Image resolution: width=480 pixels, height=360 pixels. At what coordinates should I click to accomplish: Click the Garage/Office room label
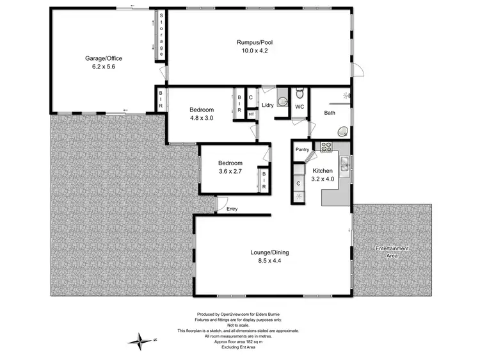(104, 58)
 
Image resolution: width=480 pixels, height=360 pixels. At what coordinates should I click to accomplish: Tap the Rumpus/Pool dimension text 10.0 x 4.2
(255, 51)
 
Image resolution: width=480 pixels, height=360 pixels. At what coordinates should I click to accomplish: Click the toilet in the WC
(299, 95)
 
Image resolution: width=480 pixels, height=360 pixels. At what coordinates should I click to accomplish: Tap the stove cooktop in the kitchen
(326, 147)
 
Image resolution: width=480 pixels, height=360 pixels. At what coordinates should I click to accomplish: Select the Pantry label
(303, 150)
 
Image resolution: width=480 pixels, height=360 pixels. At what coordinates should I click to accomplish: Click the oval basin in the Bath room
(343, 131)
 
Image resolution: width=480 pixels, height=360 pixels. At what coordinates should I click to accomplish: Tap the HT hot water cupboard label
(251, 115)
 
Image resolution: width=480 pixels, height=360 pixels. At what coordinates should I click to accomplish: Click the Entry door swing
(223, 204)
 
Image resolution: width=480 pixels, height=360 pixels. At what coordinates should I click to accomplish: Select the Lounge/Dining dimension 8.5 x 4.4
(271, 261)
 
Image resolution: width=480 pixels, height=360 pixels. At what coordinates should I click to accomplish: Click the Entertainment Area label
(392, 252)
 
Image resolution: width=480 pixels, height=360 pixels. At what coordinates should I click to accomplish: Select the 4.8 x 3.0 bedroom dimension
(201, 118)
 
